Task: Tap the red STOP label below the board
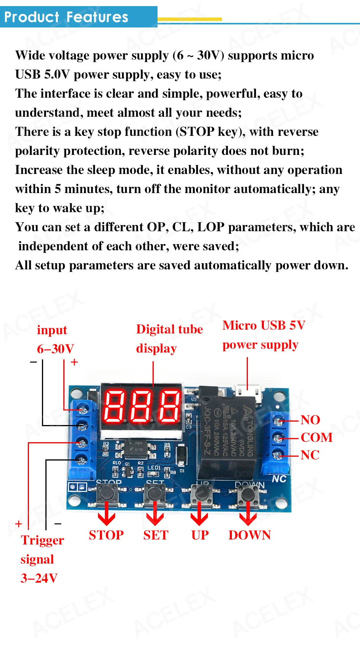[x=106, y=535]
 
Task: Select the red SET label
[x=156, y=535]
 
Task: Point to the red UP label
[x=200, y=535]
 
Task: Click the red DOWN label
[x=249, y=535]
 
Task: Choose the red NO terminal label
[x=310, y=420]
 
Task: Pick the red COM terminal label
[x=317, y=437]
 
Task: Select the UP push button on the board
[x=201, y=493]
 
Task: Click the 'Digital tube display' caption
[x=169, y=339]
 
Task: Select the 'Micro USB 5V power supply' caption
[x=264, y=335]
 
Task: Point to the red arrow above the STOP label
[x=106, y=514]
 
